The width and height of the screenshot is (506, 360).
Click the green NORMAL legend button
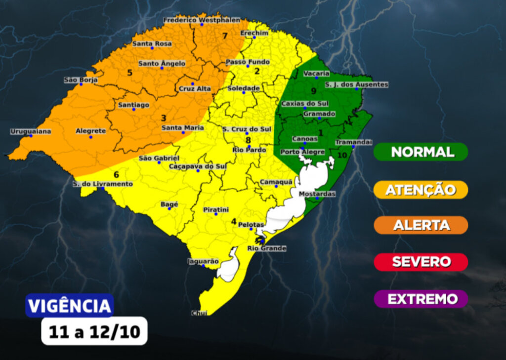pyautogui.click(x=421, y=152)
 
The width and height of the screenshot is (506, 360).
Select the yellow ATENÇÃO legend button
pyautogui.click(x=421, y=190)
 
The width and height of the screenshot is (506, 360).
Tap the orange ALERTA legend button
pyautogui.click(x=421, y=225)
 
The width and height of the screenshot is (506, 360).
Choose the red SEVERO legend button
pyautogui.click(x=421, y=262)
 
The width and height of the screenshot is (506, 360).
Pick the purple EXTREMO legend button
pyautogui.click(x=421, y=299)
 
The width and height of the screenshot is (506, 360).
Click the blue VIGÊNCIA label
pyautogui.click(x=70, y=306)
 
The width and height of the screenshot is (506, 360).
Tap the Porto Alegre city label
pyautogui.click(x=302, y=152)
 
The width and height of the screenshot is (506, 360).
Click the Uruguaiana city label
pyautogui.click(x=31, y=131)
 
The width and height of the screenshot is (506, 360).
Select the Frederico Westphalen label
pyautogui.click(x=202, y=20)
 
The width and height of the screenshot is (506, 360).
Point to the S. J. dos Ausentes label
pyautogui.click(x=356, y=84)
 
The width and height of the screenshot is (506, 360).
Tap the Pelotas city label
pyautogui.click(x=251, y=225)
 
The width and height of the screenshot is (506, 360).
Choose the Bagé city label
pyautogui.click(x=169, y=204)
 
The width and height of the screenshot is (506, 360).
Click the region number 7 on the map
pyautogui.click(x=225, y=36)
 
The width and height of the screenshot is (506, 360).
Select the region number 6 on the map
pyautogui.click(x=116, y=174)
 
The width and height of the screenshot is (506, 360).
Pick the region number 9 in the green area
pyautogui.click(x=313, y=91)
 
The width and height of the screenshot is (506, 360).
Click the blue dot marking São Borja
pyautogui.click(x=81, y=84)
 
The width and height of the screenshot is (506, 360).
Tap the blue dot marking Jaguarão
pyautogui.click(x=203, y=266)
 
